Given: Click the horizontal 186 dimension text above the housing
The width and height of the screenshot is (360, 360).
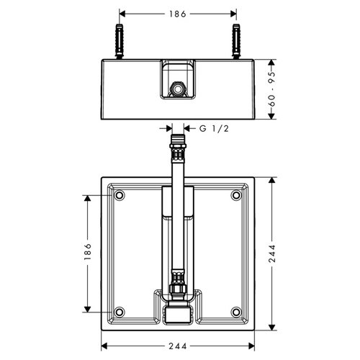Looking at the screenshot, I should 177,14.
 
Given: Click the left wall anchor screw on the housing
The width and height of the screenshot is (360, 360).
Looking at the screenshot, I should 118,42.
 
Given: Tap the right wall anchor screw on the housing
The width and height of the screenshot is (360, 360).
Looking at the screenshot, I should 236,42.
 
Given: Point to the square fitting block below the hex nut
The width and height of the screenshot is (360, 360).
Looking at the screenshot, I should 177,314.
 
